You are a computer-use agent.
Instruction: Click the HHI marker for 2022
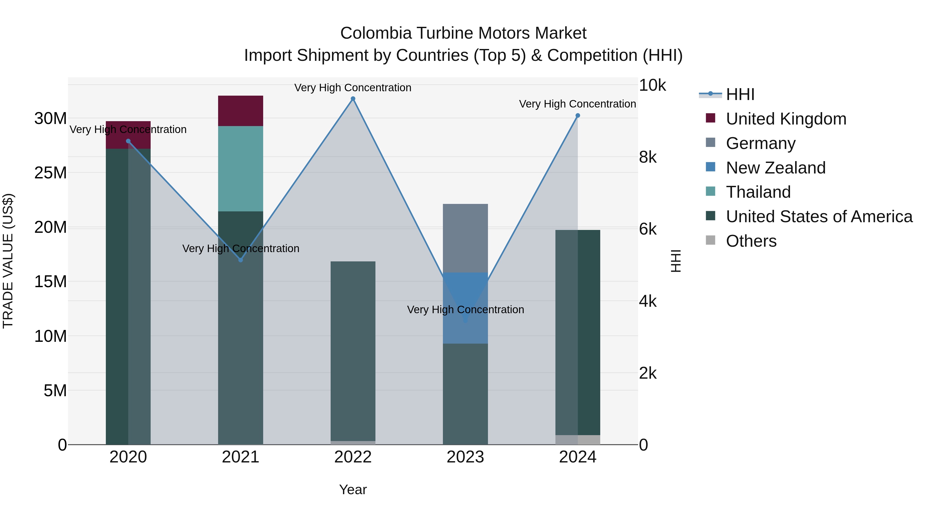pos(353,99)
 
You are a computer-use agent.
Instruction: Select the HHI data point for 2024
pos(578,116)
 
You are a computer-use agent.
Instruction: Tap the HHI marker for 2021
pos(241,260)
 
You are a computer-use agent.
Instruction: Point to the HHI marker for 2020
pos(128,141)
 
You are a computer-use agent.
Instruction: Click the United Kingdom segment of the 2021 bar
pos(241,111)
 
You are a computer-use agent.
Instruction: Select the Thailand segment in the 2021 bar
pos(241,169)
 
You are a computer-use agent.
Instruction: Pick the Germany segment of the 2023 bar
pos(465,238)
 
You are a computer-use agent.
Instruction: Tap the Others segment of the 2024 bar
pos(578,440)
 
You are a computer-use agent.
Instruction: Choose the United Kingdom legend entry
pos(786,119)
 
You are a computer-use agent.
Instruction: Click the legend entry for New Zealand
pos(776,168)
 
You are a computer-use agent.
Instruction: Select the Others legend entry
pos(751,241)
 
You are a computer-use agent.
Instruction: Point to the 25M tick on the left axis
pos(50,173)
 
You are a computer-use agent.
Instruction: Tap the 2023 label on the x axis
pos(465,457)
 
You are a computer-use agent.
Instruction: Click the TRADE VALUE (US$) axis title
pos(8,261)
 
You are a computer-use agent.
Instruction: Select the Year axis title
pos(353,490)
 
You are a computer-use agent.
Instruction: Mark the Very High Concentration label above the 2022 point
pos(353,88)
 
